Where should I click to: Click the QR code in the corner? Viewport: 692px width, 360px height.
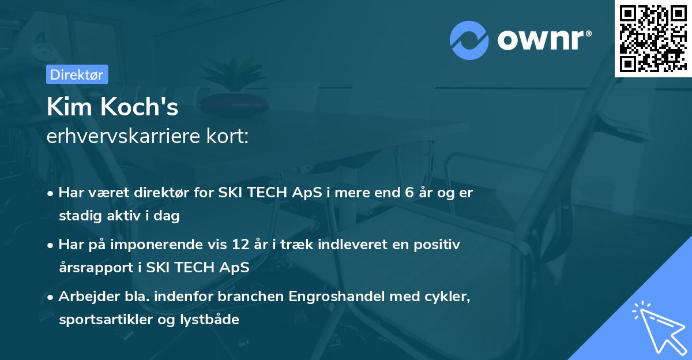tap(653, 38)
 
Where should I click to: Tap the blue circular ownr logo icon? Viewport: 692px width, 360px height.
tap(469, 40)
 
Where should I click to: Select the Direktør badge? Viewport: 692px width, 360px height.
tap(77, 74)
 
